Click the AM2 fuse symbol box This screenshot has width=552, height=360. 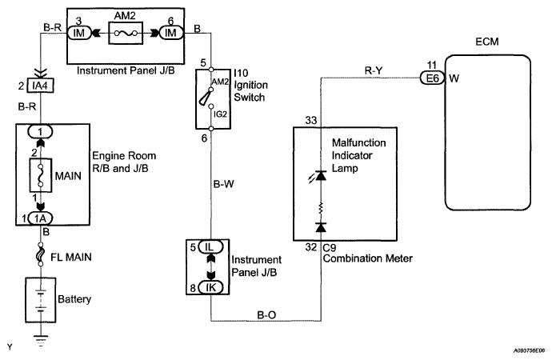[x=126, y=33]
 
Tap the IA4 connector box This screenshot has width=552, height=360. [x=41, y=86]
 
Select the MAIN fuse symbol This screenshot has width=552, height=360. [x=41, y=175]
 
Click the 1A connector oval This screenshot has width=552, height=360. [x=40, y=218]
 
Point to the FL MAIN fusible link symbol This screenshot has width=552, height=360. [x=41, y=254]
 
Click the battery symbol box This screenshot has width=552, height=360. [x=41, y=300]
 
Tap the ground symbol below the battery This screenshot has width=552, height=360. [x=41, y=341]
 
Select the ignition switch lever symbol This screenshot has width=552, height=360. [x=206, y=97]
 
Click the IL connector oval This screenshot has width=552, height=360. [x=210, y=247]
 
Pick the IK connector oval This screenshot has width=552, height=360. [x=210, y=287]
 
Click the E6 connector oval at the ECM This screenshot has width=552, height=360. [x=432, y=78]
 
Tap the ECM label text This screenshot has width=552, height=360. [x=487, y=42]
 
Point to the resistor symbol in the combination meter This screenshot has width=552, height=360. [x=321, y=209]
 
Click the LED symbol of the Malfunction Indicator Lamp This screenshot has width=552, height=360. [x=318, y=176]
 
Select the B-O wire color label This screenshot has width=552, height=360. [x=266, y=314]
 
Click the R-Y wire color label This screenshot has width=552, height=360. [x=374, y=70]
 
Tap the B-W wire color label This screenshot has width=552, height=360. [x=223, y=184]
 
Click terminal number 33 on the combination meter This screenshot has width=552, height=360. [x=311, y=121]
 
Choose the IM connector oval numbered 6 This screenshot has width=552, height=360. [x=170, y=33]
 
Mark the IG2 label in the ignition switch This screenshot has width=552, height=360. [x=220, y=114]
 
